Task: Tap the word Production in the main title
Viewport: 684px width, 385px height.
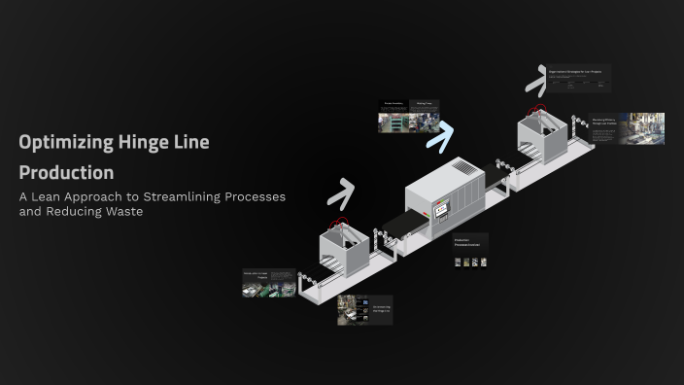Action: [x=66, y=172]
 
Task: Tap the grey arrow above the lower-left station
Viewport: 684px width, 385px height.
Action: [x=339, y=194]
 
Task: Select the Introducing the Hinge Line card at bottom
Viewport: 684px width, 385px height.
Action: [x=364, y=309]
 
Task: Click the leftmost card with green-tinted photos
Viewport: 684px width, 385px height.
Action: [x=268, y=283]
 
